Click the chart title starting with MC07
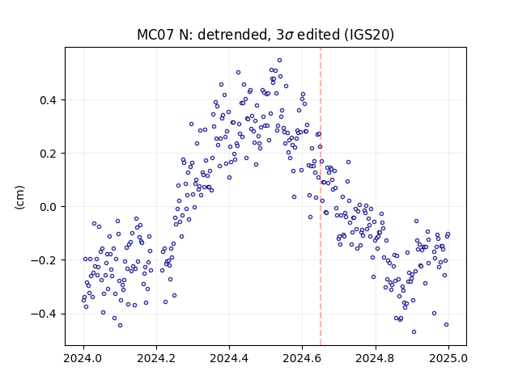[x=265, y=34]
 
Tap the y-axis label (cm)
[x=19, y=197]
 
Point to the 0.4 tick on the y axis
[x=49, y=100]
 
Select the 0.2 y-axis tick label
[x=49, y=154]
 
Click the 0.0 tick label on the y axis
[x=49, y=207]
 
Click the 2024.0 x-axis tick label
[x=83, y=358]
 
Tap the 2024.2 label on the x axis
[x=156, y=358]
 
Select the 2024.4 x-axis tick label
[x=229, y=358]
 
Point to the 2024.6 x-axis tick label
[x=302, y=358]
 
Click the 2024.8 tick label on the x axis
[x=376, y=358]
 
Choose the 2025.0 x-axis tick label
[x=448, y=358]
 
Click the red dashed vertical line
[x=321, y=196]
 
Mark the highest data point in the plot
[x=279, y=61]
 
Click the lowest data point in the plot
[x=414, y=332]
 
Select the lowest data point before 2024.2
[x=121, y=325]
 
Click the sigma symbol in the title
[x=289, y=36]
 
